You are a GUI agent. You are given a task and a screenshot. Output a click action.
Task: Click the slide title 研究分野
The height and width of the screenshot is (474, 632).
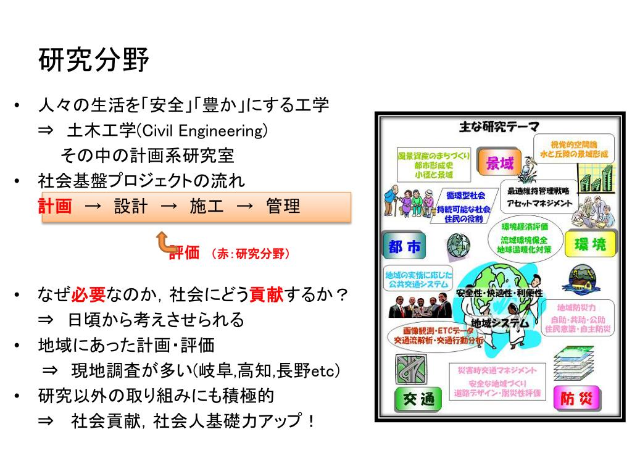tap(94, 60)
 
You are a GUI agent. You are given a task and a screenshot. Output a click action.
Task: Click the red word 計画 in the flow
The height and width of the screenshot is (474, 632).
tap(55, 206)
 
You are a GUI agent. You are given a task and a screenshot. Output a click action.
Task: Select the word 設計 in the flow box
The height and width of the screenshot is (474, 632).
tap(131, 206)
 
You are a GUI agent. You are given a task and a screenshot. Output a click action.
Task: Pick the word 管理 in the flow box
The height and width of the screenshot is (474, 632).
tap(283, 206)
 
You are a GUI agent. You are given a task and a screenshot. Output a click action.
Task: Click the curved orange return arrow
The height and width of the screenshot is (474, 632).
tap(164, 243)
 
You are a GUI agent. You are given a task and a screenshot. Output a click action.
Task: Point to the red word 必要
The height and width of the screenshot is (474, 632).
tap(89, 294)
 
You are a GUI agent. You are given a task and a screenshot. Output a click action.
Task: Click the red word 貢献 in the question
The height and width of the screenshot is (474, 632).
tap(266, 294)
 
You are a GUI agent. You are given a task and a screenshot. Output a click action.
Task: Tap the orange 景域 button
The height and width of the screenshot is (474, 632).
tap(499, 163)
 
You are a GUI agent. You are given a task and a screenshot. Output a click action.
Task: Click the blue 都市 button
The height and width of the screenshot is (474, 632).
tap(405, 247)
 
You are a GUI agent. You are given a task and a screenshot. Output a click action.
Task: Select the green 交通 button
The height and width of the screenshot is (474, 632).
tap(414, 399)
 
